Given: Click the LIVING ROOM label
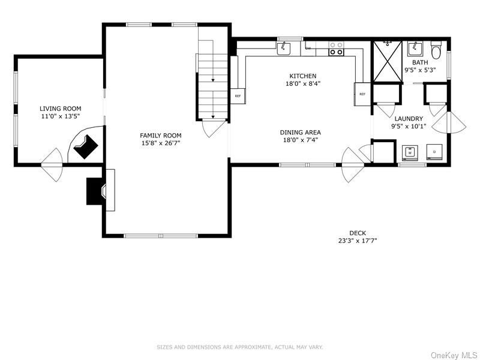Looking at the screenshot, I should (x=59, y=109).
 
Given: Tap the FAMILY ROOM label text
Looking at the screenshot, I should (x=152, y=136).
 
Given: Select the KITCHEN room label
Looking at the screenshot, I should (x=302, y=76).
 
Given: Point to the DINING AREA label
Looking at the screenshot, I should (x=300, y=132).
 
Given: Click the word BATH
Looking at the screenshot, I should (x=419, y=62).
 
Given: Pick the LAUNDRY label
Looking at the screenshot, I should (x=408, y=119).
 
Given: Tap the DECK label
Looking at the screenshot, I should (x=358, y=233).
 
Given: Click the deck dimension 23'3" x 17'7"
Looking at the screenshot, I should (x=358, y=241).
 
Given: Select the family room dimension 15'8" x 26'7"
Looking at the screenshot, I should (x=152, y=143).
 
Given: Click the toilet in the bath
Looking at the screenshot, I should (x=436, y=48).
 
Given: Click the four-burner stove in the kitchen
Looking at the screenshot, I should (x=337, y=49).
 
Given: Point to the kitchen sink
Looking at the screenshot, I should (x=284, y=49).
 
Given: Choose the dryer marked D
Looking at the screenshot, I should (x=434, y=152).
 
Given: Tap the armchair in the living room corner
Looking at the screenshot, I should (x=85, y=146).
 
